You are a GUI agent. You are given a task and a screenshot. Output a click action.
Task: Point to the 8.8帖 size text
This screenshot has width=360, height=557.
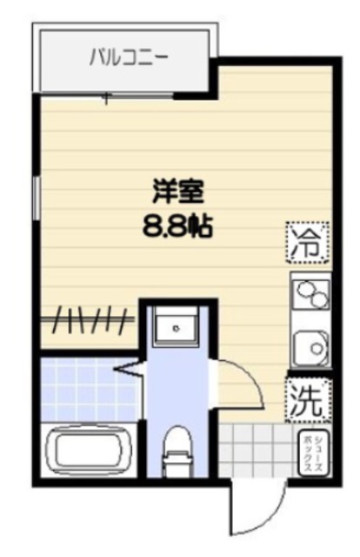click(x=179, y=228)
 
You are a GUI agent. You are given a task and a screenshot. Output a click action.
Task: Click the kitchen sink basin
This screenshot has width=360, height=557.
click(x=311, y=351)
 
